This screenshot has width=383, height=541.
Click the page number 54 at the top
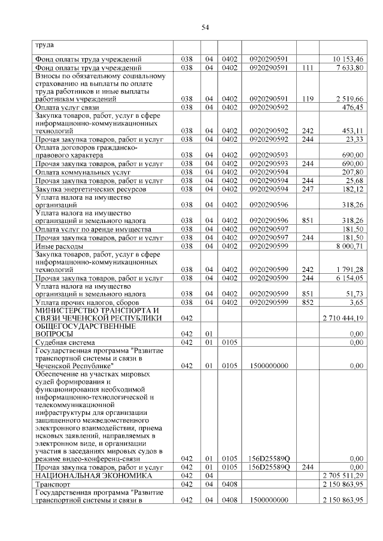pyautogui.click(x=205, y=27)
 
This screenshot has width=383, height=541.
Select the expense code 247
pyautogui.click(x=308, y=188)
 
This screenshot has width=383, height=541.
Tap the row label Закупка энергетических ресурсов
pyautogui.click(x=87, y=188)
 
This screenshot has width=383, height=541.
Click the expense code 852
pyautogui.click(x=308, y=303)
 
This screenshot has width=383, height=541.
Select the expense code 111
pyautogui.click(x=308, y=68)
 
